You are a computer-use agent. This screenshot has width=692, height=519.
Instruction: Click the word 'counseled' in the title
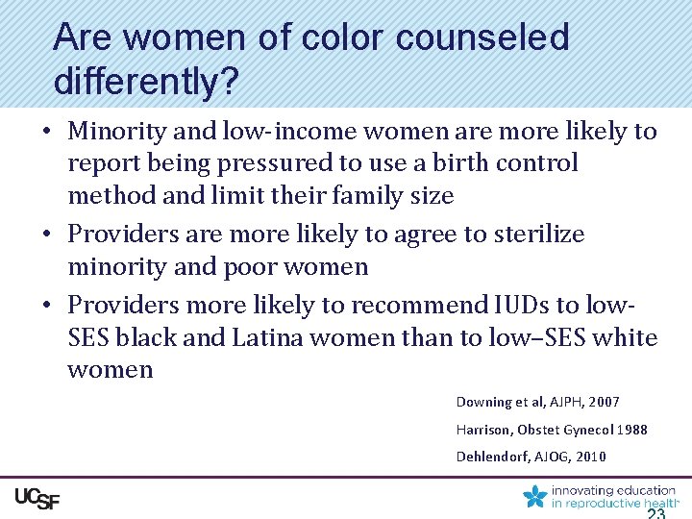click(x=482, y=37)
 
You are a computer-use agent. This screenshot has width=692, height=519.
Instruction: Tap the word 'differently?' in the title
click(x=146, y=81)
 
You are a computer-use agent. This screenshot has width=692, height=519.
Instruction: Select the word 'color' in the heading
click(x=343, y=37)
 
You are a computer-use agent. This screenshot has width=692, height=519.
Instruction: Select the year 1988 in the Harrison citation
click(x=631, y=430)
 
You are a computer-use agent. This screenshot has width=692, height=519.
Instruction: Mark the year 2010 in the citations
click(x=590, y=457)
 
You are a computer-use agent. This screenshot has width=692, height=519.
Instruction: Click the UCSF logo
click(x=37, y=498)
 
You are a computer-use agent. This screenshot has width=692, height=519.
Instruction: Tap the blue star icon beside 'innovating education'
click(x=534, y=497)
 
